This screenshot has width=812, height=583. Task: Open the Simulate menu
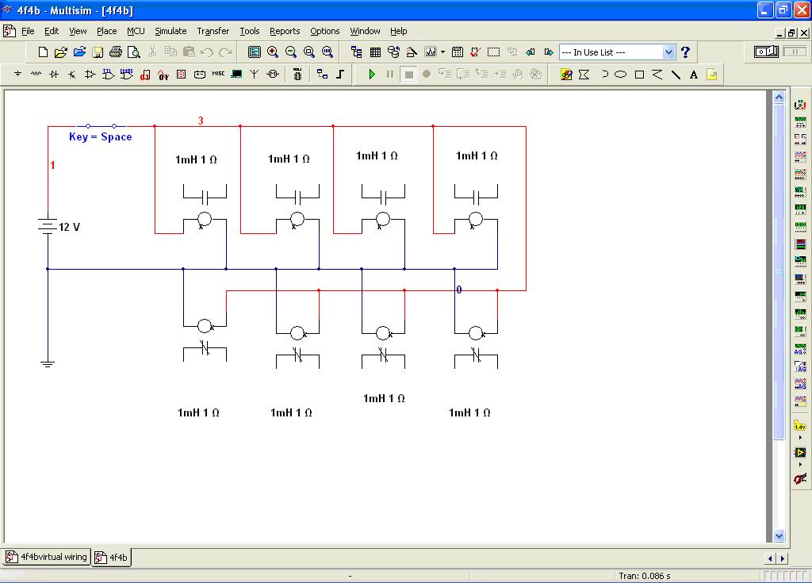coord(170,31)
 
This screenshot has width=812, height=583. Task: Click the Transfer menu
coord(213,31)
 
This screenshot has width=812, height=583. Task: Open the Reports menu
coord(285,31)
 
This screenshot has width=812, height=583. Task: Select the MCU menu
coord(136,31)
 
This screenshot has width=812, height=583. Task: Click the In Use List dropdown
coord(617,52)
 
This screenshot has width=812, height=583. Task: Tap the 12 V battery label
coord(70,227)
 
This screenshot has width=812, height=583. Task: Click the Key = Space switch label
coord(101,136)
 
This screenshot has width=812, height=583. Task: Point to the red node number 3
coord(201,121)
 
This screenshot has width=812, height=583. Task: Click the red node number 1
coord(53,165)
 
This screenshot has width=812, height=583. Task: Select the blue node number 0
coord(459,290)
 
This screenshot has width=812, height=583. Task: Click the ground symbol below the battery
coord(48,363)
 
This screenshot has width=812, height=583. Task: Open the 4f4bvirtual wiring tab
coord(47,557)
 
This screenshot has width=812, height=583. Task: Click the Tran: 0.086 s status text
coord(644,576)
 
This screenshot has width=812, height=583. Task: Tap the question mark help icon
coord(685,52)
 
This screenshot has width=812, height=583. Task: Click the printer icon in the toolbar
coord(115,52)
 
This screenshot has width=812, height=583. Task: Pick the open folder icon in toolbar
coord(79,52)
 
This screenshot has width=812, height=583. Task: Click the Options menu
coord(325,31)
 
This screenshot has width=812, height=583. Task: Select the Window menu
coord(365,31)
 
